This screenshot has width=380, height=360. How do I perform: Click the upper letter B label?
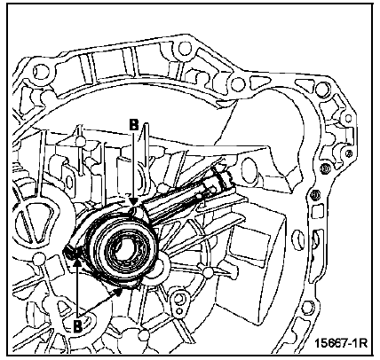coord(134,125)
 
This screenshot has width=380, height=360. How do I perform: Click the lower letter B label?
coord(77,325)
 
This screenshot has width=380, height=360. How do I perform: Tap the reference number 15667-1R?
coord(341,343)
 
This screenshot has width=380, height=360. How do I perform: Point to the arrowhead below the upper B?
coord(134,202)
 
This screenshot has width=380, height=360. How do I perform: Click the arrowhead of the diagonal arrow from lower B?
coord(119,292)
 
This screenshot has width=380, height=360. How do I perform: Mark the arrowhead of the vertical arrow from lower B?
coord(77,254)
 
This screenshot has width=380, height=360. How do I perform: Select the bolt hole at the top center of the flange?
coord(185,47)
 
